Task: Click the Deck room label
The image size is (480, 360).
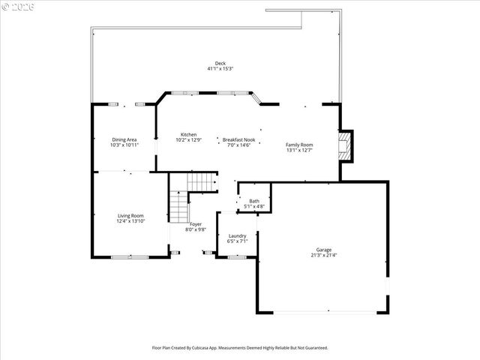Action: click(220, 63)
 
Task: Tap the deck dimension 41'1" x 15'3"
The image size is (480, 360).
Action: click(220, 69)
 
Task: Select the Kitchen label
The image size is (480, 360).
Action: click(188, 135)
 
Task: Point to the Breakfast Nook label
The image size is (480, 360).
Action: click(238, 139)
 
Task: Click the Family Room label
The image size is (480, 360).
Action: click(299, 144)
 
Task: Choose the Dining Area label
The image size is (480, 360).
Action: click(124, 139)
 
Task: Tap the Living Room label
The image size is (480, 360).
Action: click(130, 216)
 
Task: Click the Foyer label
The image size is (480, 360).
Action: click(195, 224)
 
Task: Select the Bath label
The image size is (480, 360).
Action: click(254, 200)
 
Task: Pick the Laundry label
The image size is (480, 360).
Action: click(237, 236)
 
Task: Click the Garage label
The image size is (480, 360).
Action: click(323, 250)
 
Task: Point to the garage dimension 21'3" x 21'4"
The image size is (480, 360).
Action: click(323, 256)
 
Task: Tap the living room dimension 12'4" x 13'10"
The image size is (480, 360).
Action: click(130, 222)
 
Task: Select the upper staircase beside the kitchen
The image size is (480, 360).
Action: click(201, 181)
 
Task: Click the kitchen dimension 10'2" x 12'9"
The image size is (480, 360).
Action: click(188, 140)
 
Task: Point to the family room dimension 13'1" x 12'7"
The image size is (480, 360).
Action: click(299, 150)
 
